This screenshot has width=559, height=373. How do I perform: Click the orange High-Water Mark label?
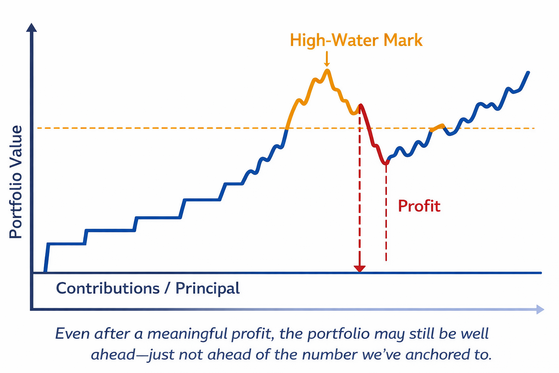tap(356, 40)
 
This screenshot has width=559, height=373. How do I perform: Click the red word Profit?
tap(419, 206)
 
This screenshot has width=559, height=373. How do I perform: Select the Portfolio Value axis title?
tap(16, 182)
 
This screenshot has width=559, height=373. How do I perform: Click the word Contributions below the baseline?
tap(108, 288)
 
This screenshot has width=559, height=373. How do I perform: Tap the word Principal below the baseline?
tap(207, 288)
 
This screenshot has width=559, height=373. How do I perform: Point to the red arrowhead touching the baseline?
tap(360, 269)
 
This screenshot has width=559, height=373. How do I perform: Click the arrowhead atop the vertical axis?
tap(32, 28)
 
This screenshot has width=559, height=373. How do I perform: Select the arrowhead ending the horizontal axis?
tap(540, 310)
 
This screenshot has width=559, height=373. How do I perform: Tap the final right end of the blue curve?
tap(528, 72)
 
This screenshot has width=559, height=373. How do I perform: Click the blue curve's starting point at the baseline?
tap(45, 272)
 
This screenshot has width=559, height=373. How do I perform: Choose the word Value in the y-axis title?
tap(16, 144)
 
